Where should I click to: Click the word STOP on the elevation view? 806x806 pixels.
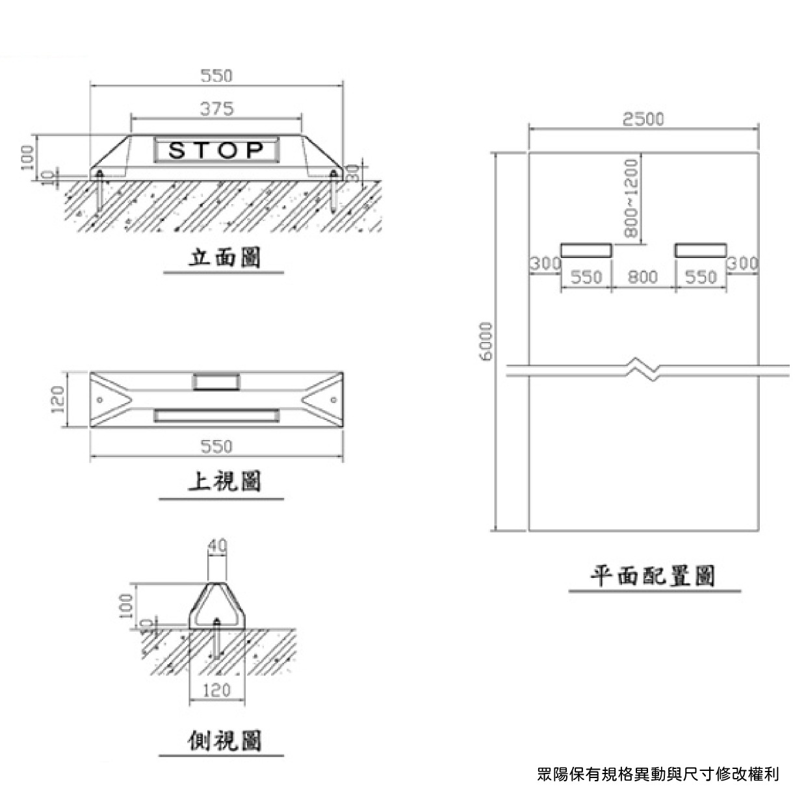pyautogui.click(x=216, y=151)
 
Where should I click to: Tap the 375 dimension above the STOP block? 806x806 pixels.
pyautogui.click(x=216, y=109)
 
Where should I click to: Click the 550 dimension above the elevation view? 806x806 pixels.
pyautogui.click(x=216, y=76)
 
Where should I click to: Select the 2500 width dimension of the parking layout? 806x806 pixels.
pyautogui.click(x=643, y=120)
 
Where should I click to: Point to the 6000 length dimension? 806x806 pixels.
pyautogui.click(x=487, y=340)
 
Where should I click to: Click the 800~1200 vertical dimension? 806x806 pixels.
pyautogui.click(x=631, y=198)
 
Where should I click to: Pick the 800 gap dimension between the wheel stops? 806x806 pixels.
pyautogui.click(x=643, y=278)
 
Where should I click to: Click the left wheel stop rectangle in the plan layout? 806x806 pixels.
pyautogui.click(x=586, y=250)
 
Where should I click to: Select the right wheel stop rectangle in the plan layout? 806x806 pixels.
pyautogui.click(x=700, y=250)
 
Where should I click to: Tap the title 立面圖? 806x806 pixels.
pyautogui.click(x=224, y=258)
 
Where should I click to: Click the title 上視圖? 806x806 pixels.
pyautogui.click(x=224, y=482)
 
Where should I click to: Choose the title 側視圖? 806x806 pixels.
pyautogui.click(x=224, y=740)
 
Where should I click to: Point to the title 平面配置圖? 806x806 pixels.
pyautogui.click(x=653, y=576)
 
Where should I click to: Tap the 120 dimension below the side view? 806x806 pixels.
pyautogui.click(x=216, y=690)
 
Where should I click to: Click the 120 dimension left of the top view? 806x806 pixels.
pyautogui.click(x=58, y=399)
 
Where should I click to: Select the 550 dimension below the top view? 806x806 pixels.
pyautogui.click(x=216, y=447)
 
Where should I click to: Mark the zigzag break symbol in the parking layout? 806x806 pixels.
pyautogui.click(x=643, y=368)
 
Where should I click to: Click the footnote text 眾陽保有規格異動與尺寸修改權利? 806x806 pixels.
pyautogui.click(x=658, y=774)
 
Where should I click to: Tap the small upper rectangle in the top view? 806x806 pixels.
pyautogui.click(x=216, y=382)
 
